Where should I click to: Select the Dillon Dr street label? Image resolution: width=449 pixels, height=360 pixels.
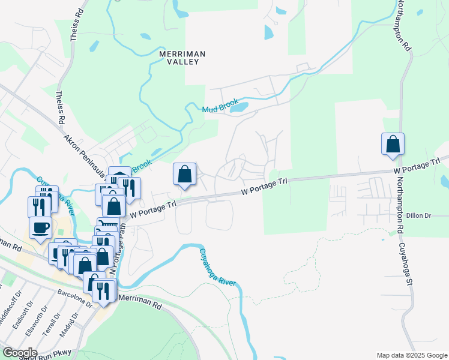[419, 215]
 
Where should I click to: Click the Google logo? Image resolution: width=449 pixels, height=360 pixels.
[19, 353]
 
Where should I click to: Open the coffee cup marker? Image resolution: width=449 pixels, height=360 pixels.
[40, 227]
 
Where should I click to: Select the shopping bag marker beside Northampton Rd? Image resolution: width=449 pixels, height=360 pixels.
[393, 145]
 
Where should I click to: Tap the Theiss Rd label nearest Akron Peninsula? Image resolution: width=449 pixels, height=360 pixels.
[60, 109]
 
